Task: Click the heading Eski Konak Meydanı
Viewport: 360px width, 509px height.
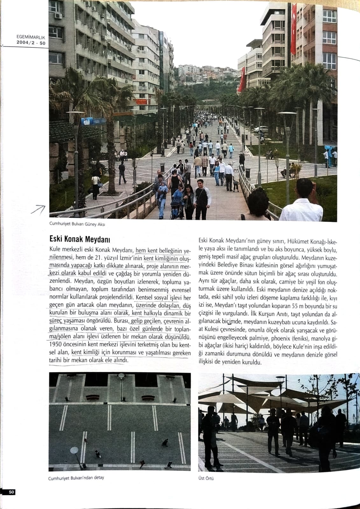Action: point(80,239)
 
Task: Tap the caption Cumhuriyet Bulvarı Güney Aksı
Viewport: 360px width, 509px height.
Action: point(77,224)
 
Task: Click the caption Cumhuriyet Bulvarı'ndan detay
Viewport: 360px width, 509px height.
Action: point(76,478)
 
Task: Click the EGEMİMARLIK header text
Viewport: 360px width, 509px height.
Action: point(31,37)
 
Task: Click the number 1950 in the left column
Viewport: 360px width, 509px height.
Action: point(56,345)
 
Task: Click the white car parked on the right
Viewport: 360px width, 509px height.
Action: point(260,129)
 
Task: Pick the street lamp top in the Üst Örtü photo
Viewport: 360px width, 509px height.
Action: point(280,379)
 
